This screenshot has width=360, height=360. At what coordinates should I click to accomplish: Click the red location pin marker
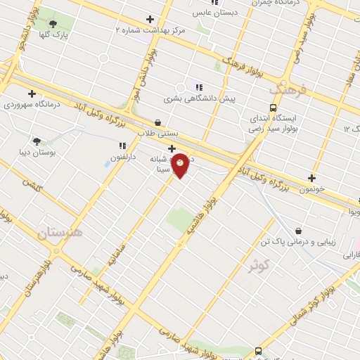pyautogui.click(x=180, y=165)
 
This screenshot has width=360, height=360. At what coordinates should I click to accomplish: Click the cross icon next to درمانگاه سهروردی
pyautogui.click(x=32, y=94)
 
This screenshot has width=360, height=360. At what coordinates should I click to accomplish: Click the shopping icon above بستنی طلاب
pyautogui.click(x=157, y=122)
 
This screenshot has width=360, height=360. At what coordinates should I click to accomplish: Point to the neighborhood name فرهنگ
pyautogui.click(x=288, y=89)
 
